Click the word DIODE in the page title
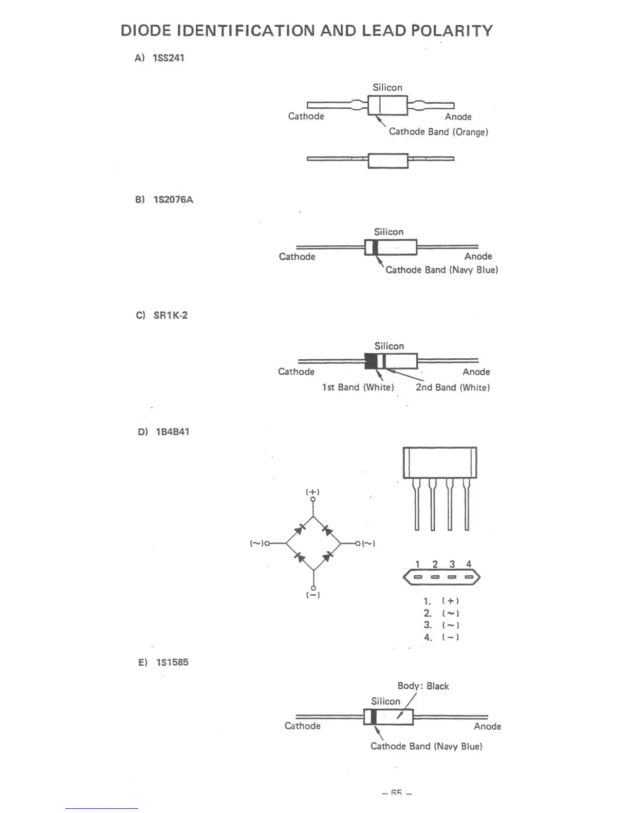145,31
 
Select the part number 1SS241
168,58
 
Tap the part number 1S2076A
173,200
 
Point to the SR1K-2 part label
171,315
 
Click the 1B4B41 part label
172,432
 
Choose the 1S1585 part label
172,662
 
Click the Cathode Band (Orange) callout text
438,132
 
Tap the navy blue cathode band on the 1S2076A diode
375,247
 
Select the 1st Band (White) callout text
358,388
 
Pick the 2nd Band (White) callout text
453,388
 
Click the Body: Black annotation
423,686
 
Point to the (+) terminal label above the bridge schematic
313,492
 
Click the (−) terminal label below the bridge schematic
313,595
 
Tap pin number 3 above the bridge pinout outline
452,564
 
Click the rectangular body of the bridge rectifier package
440,462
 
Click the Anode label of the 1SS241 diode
458,117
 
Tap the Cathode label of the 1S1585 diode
302,726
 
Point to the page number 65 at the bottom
396,793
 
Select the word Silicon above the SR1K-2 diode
389,346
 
